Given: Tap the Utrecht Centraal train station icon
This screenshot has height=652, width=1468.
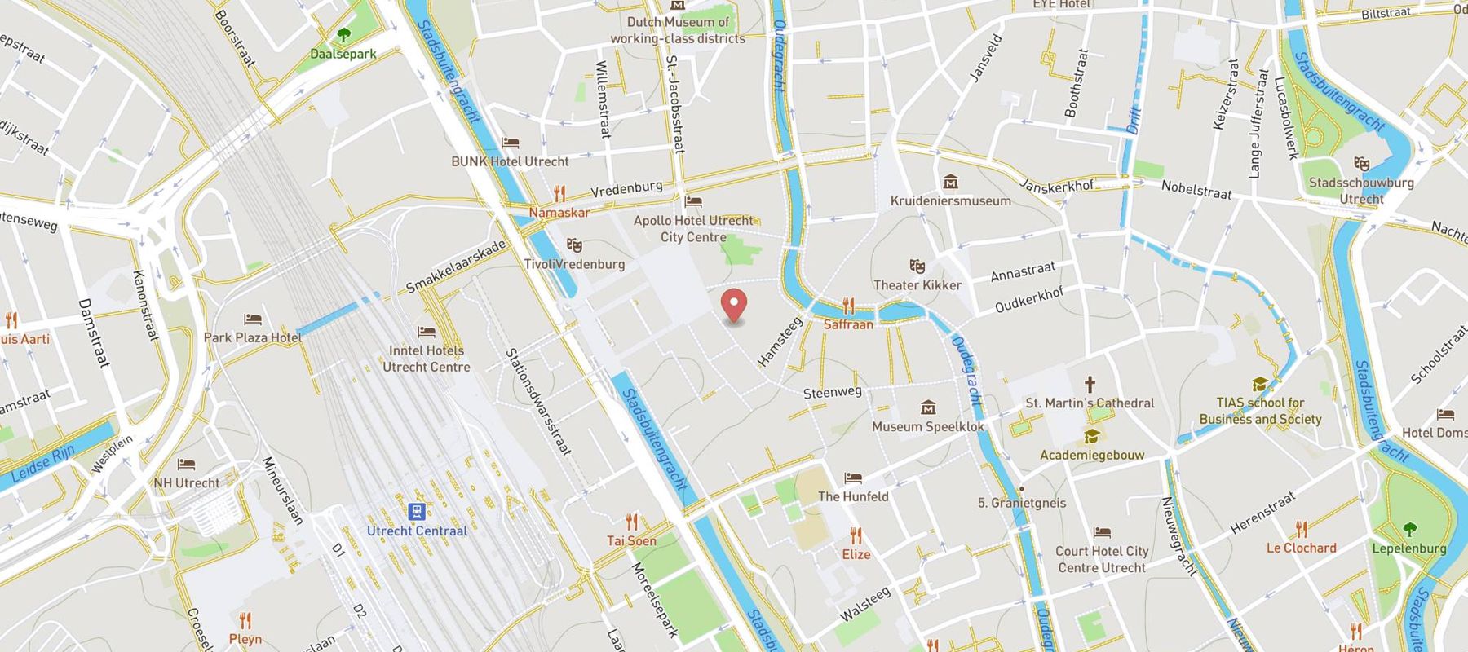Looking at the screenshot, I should tap(417, 511).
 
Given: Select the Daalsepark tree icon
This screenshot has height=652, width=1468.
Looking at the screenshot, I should tap(343, 35).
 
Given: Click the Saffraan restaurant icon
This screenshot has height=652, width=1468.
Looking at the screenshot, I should tap(848, 306).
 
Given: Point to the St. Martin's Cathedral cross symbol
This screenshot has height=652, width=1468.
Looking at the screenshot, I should tap(1090, 384).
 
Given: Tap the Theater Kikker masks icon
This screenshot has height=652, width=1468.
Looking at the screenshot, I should tap(917, 266).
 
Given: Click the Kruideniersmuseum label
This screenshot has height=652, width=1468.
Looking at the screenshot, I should tap(950, 200).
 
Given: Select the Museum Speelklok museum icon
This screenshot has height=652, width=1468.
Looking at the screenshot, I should tap(928, 407).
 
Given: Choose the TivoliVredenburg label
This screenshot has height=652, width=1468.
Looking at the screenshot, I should tap(574, 264).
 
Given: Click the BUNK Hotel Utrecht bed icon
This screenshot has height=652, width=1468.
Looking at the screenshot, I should tap(511, 143).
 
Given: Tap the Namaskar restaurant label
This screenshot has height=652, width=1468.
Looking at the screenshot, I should tap(559, 213).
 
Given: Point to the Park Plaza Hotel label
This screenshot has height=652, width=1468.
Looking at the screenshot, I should tap(252, 337).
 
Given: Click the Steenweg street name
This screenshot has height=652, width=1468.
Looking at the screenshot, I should tap(832, 393).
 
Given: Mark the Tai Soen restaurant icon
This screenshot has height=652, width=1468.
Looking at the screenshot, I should tap(631, 522).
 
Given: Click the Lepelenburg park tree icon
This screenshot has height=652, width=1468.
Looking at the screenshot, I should tap(1409, 529).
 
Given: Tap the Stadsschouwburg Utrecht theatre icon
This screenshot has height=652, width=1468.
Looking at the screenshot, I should tap(1360, 164).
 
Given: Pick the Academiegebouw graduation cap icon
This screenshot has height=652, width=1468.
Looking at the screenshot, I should tap(1091, 437).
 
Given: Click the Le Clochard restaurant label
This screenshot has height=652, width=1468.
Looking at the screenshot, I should tap(1301, 548).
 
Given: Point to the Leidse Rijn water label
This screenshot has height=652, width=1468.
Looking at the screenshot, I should tap(42, 464).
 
